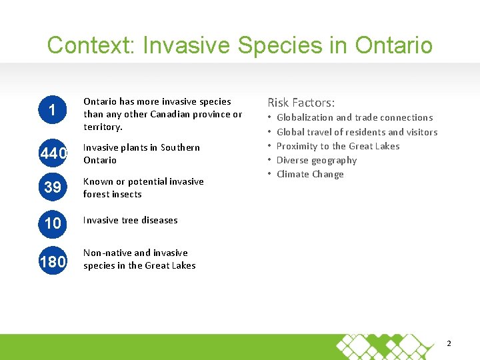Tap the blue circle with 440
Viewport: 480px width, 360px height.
coord(53,154)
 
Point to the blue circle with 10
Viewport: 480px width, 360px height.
coord(53,223)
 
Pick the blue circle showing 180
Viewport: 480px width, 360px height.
coord(53,261)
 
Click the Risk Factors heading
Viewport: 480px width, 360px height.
coord(301,103)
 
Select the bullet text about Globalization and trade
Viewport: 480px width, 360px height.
coord(354,117)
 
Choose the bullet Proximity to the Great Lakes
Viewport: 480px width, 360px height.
coord(338,146)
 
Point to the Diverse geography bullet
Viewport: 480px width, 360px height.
coord(317,160)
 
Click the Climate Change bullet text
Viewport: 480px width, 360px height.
coord(310,174)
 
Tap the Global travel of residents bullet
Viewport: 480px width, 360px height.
coord(357,132)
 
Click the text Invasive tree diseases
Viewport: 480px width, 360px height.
coord(130,220)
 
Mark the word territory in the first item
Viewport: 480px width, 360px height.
coord(102,127)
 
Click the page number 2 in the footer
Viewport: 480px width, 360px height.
coord(449,343)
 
